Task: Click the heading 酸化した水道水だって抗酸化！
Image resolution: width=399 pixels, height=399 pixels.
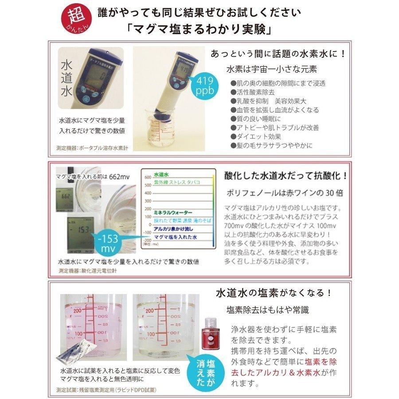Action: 286,175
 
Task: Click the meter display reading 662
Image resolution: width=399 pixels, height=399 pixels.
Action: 67,196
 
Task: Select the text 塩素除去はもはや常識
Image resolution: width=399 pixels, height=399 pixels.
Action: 264,309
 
